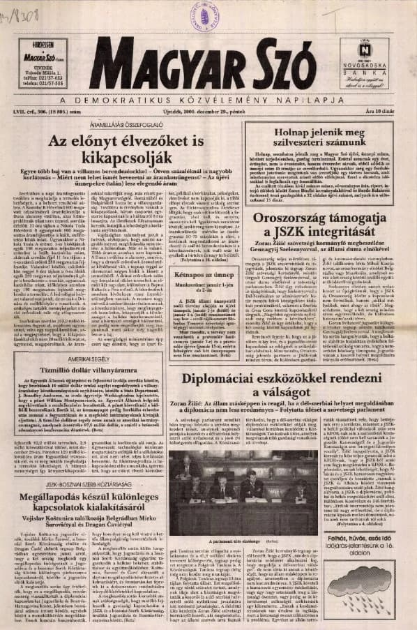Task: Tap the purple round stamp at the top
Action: click(x=206, y=15)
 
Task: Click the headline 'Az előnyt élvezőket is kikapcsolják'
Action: click(x=126, y=150)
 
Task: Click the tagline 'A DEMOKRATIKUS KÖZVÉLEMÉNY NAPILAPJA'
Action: click(x=208, y=99)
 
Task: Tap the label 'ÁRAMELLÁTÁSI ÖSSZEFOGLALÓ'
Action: click(x=126, y=126)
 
